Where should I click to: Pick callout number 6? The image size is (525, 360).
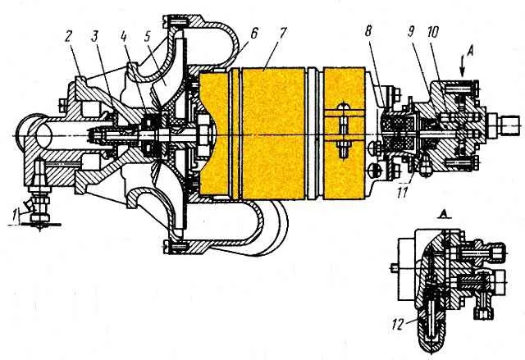pyautogui.click(x=254, y=34)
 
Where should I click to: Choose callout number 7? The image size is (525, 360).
pyautogui.click(x=283, y=33)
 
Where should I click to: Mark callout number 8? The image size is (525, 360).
pyautogui.click(x=369, y=33)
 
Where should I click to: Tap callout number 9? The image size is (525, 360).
pyautogui.click(x=412, y=33)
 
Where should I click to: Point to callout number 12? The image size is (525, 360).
pyautogui.click(x=398, y=325)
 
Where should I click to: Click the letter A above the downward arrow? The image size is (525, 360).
pyautogui.click(x=472, y=52)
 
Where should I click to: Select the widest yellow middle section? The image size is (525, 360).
pyautogui.click(x=273, y=134)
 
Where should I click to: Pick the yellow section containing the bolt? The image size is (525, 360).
pyautogui.click(x=344, y=134)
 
